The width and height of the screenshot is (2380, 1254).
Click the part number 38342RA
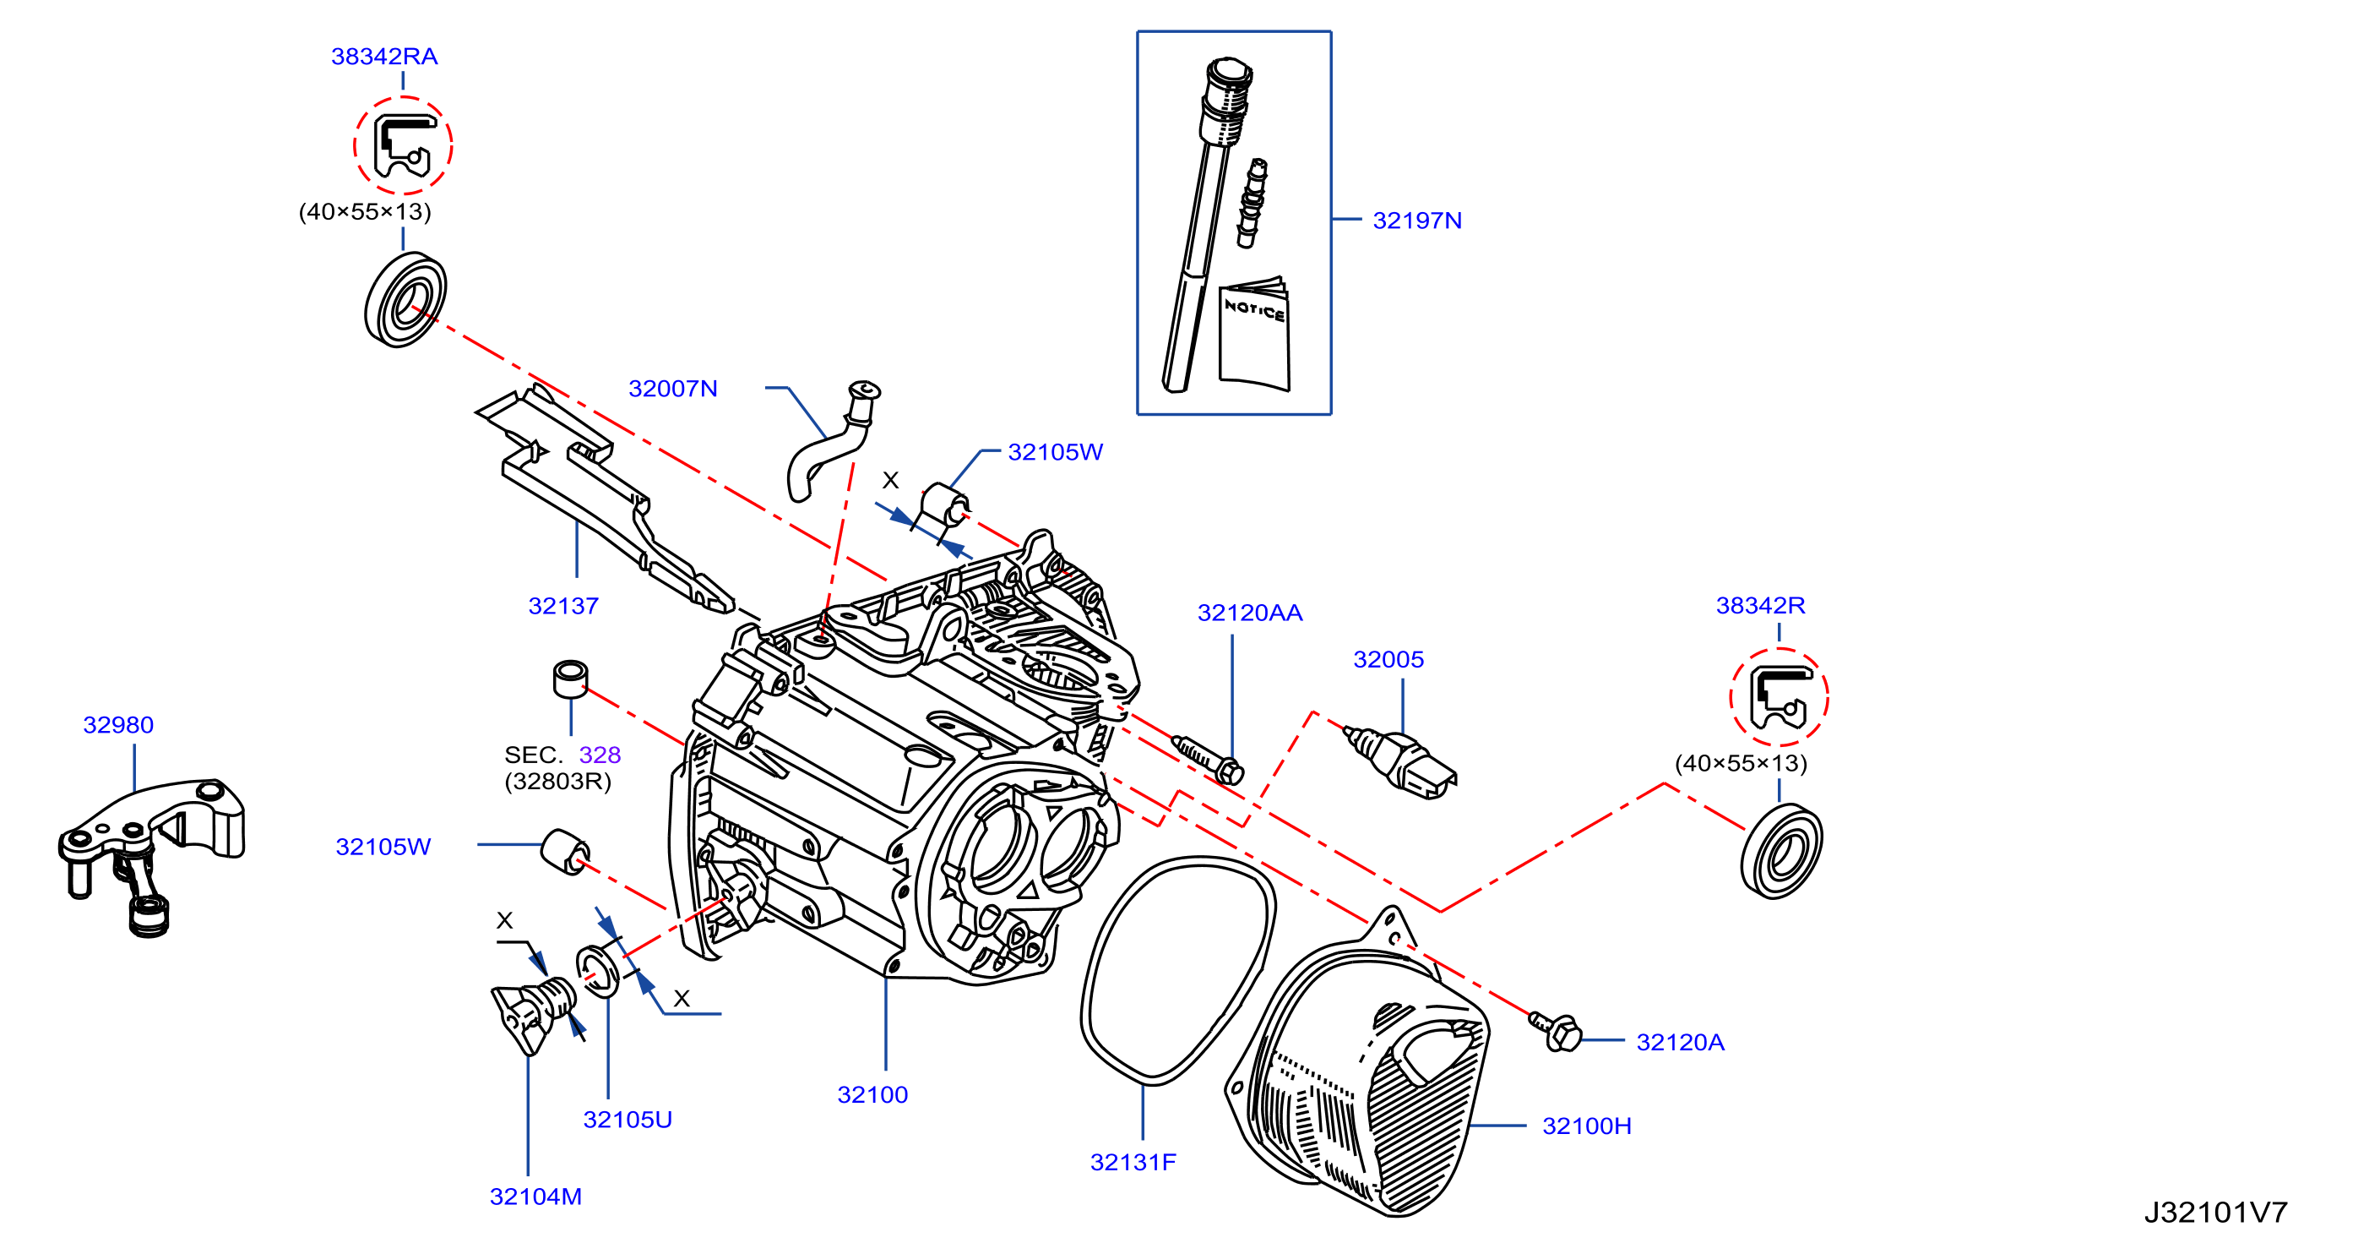coord(384,57)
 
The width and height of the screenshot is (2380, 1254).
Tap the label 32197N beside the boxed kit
coord(1416,221)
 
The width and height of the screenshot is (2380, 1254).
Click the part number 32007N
coord(672,389)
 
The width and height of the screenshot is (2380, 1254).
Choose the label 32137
coord(562,606)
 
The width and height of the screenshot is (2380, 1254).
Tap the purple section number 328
coord(600,755)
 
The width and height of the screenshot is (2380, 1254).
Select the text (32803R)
coord(558,782)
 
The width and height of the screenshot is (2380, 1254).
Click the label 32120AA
coord(1250,613)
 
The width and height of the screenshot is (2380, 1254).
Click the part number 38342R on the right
coord(1760,605)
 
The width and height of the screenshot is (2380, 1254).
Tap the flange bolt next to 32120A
coord(1556,1030)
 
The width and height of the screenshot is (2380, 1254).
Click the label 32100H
coord(1586,1126)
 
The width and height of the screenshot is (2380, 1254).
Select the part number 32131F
coord(1133,1163)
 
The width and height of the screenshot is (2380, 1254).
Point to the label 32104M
coord(535,1197)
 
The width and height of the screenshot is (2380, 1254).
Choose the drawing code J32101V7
coord(2215,1213)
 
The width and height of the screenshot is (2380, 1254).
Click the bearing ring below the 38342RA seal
coord(405,299)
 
